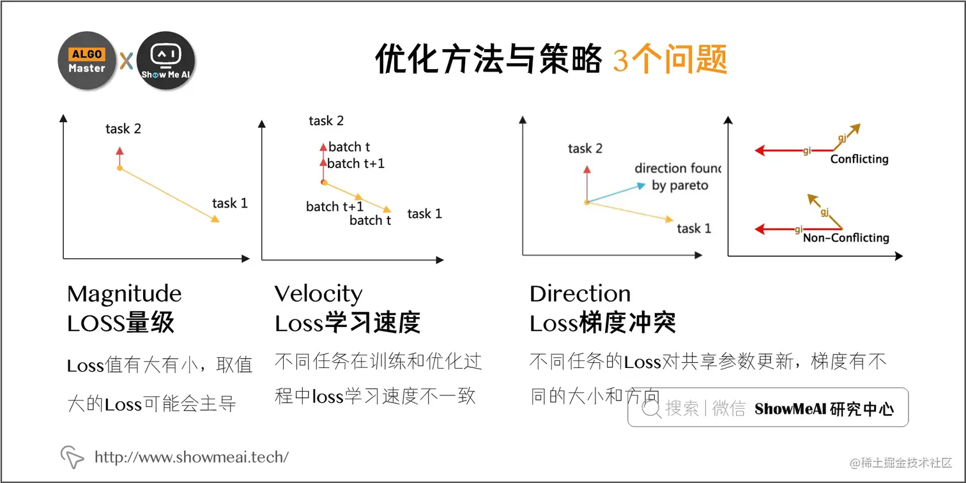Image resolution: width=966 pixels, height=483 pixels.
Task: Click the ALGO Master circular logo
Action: (86, 61)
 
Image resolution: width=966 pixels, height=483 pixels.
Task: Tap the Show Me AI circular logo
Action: (166, 61)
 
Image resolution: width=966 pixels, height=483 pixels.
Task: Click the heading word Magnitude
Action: (125, 294)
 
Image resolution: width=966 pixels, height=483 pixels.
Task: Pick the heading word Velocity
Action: (319, 294)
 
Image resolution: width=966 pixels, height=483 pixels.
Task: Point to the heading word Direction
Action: (580, 294)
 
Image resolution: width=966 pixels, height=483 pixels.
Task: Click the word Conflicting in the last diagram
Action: (859, 159)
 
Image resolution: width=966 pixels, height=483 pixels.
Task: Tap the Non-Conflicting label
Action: (846, 238)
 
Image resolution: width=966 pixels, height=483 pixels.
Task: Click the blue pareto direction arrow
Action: (617, 193)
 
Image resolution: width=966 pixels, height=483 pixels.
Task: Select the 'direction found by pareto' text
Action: (677, 177)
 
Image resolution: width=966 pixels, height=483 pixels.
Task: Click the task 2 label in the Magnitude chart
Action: (123, 129)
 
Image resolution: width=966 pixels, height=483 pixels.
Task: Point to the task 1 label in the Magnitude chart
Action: (229, 204)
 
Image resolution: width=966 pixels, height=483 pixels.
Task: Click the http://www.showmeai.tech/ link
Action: (192, 457)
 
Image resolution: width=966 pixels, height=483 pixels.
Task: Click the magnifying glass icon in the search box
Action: (651, 409)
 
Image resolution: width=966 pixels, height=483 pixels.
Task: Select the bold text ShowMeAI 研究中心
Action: (824, 409)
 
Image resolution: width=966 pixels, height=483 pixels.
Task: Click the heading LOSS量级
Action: (121, 323)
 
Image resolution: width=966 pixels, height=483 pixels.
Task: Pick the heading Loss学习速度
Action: (348, 323)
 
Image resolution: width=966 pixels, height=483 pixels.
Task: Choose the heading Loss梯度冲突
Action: (602, 323)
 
